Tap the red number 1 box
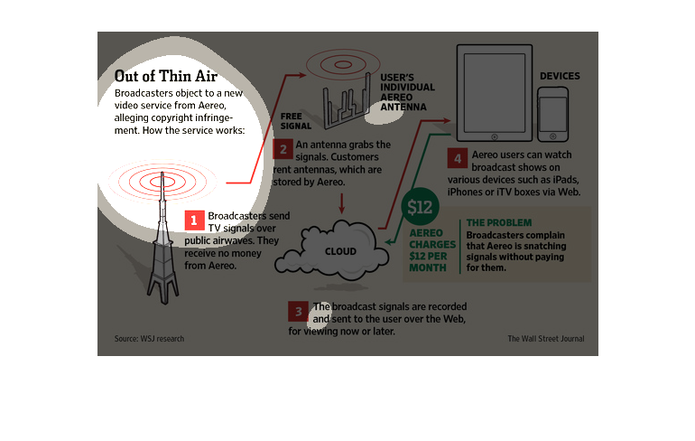(x=193, y=220)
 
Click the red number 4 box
(x=458, y=160)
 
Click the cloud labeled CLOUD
(x=340, y=250)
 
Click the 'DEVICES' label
(x=560, y=76)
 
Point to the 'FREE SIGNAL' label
(x=291, y=121)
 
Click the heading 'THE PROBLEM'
(x=499, y=222)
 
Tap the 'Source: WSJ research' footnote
(x=149, y=339)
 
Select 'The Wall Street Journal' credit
(x=545, y=339)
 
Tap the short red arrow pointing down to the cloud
(x=341, y=205)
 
